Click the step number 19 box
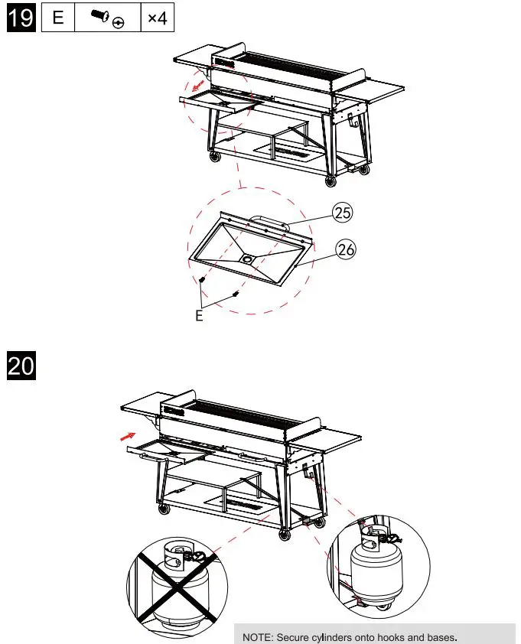(21, 18)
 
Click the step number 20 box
(21, 365)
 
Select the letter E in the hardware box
(58, 18)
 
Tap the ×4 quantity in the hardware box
(158, 18)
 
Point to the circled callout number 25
(342, 213)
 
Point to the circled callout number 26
(346, 249)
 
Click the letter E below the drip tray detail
(199, 315)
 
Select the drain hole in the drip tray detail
(247, 259)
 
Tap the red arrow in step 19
(197, 85)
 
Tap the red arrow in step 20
(128, 436)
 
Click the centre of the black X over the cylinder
(177, 588)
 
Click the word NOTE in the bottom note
(257, 637)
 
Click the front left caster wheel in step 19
(215, 157)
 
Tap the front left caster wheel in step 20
(164, 509)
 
